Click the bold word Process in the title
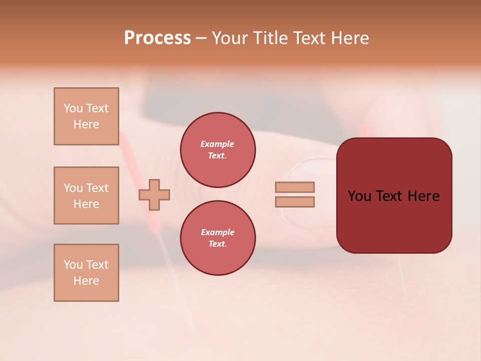[x=157, y=38]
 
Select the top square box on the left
[x=86, y=116]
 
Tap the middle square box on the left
[x=86, y=196]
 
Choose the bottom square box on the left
[x=86, y=273]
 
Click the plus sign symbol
[x=154, y=195]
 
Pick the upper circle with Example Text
[x=217, y=150]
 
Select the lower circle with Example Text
[x=217, y=238]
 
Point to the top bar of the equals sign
[x=295, y=187]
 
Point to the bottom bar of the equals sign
[x=295, y=202]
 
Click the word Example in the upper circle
[x=217, y=144]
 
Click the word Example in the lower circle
[x=217, y=232]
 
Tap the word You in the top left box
[x=73, y=108]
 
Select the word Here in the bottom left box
[x=86, y=281]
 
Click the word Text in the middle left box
[x=97, y=188]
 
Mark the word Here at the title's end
[x=349, y=38]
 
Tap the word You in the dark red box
[x=359, y=196]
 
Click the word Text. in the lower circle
[x=217, y=244]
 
